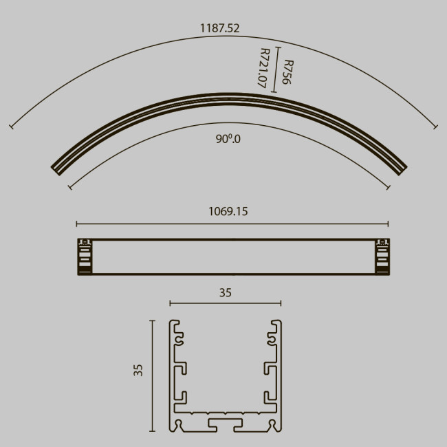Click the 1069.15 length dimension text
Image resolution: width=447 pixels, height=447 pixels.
[228, 212]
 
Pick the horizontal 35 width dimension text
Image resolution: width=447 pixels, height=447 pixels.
[226, 292]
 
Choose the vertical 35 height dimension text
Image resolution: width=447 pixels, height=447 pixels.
[138, 371]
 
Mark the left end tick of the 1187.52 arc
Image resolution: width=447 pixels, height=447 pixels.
[11, 127]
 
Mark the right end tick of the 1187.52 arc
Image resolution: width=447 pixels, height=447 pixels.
[435, 126]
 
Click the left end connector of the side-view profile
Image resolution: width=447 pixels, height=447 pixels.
[85, 257]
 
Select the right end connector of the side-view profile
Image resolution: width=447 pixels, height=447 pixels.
[382, 257]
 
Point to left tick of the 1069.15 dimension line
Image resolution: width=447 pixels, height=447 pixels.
[76, 223]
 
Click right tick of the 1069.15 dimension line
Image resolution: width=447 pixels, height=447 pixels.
[389, 223]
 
